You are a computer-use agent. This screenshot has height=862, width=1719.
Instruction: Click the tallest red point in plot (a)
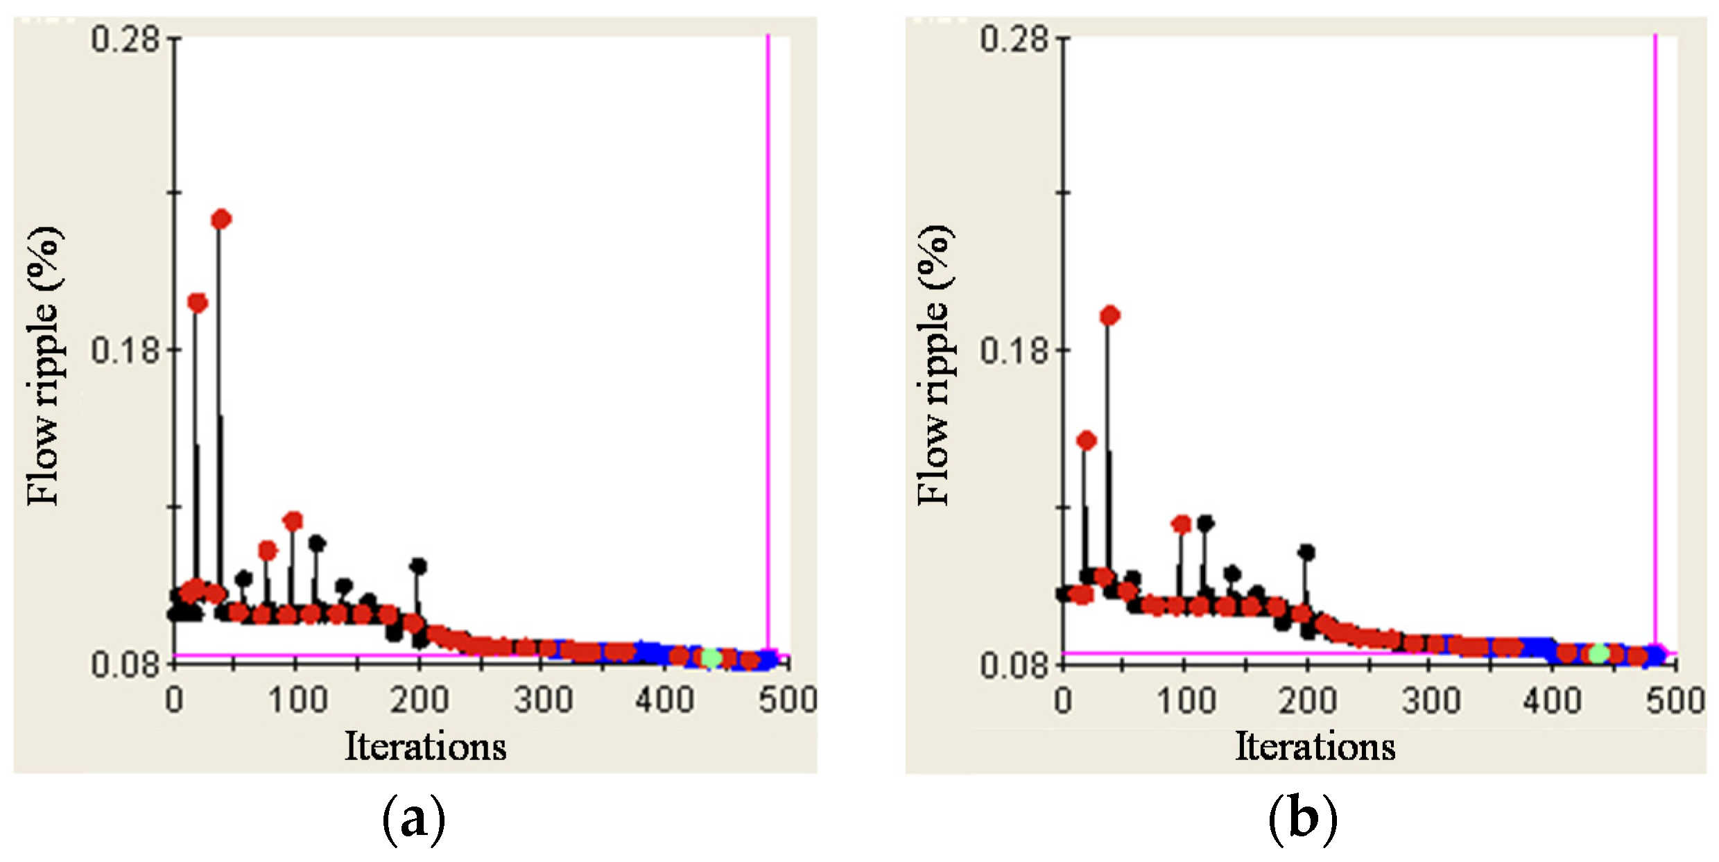(221, 220)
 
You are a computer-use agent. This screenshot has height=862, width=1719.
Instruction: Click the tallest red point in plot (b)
(1110, 316)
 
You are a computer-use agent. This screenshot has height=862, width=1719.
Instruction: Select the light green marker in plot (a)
(710, 657)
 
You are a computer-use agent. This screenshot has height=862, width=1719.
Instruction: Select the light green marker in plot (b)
(1598, 653)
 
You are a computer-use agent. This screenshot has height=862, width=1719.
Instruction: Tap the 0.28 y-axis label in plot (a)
(126, 38)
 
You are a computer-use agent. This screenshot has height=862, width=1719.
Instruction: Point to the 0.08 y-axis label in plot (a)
(126, 664)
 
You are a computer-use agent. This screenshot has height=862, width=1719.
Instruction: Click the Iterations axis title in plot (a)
(425, 747)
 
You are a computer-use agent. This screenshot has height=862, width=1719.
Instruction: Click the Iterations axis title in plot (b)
(1315, 747)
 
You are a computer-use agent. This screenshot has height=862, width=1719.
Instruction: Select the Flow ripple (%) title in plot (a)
(44, 365)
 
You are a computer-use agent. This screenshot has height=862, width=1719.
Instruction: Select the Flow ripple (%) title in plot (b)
(934, 365)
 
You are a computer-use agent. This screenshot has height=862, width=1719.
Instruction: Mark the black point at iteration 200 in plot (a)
(417, 566)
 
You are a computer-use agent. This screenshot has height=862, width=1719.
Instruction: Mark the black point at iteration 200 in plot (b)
(1306, 553)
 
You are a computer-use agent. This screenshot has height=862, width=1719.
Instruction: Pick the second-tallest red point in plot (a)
(198, 303)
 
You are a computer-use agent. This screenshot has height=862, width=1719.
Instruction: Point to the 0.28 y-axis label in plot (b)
(1014, 38)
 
